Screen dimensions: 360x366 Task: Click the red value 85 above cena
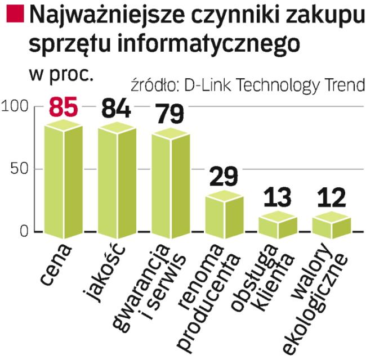(x=63, y=107)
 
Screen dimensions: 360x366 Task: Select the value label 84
(x=115, y=107)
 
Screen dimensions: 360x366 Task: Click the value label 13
(x=277, y=198)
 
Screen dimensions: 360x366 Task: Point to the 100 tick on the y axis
(x=15, y=107)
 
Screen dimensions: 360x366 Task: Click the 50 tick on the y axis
(x=21, y=169)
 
